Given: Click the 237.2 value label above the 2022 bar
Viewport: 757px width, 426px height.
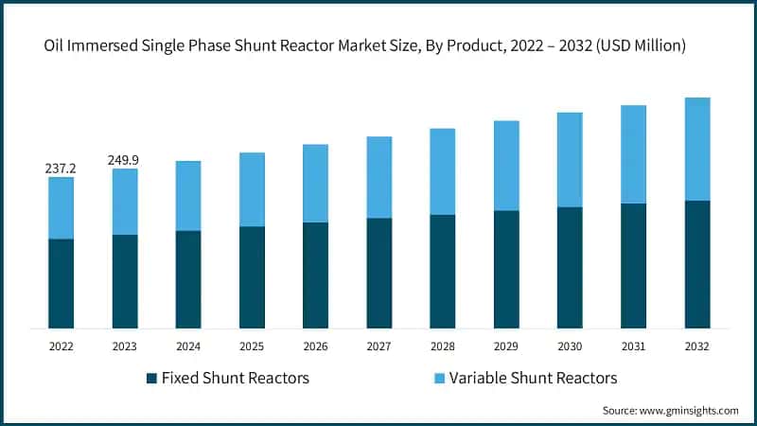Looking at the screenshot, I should coord(61,168).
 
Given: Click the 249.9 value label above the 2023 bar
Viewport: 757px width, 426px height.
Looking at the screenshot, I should coord(125,159).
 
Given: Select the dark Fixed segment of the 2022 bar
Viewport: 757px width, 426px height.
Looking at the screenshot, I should coord(61,283).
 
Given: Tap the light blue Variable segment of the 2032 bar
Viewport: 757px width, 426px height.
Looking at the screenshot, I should coord(697,149).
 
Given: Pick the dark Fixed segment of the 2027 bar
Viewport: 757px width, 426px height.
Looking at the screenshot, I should coord(379,273).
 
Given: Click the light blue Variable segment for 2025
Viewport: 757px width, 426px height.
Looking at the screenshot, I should coord(252,189).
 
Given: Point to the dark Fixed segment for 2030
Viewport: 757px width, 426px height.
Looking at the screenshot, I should coord(570,267).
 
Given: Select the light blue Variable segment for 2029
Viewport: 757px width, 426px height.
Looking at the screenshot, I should coord(506,166).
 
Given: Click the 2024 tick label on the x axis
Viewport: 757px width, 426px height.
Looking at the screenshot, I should coord(188,346).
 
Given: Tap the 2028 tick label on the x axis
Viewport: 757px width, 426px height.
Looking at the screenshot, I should coord(443,346).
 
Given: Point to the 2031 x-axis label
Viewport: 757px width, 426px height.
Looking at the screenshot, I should coord(633,346).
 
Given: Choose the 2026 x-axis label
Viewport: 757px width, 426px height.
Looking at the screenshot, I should coord(315,346).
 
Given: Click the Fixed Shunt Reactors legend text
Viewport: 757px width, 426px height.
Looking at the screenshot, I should coord(236,379).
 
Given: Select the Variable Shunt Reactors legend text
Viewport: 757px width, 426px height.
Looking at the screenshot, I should coord(533,379).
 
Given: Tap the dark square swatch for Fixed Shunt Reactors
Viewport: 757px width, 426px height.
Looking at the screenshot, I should coord(151,379).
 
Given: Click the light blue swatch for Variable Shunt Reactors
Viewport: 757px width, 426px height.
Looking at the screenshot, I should coord(438,379).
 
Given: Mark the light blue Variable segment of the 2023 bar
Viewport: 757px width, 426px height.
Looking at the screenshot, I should coord(125,202).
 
